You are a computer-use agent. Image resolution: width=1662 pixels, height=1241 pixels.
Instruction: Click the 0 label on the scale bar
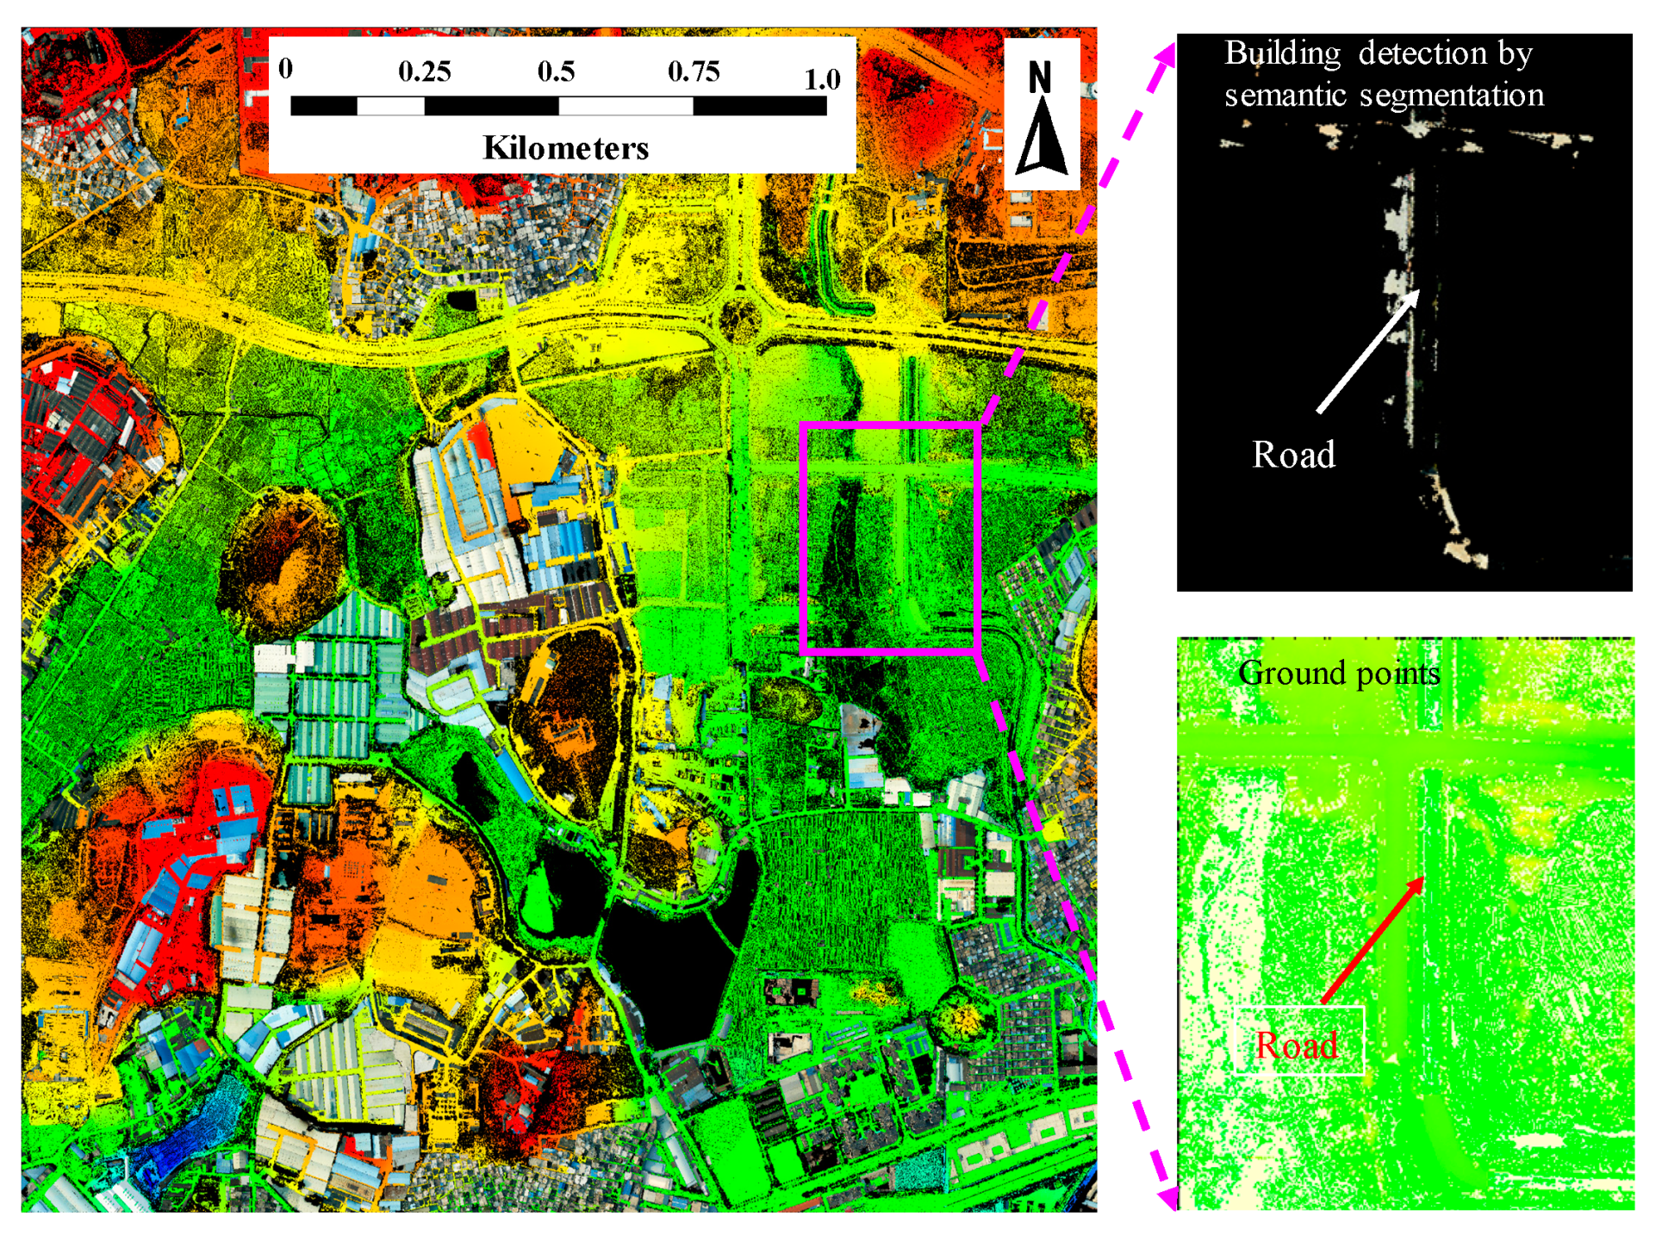coord(286,68)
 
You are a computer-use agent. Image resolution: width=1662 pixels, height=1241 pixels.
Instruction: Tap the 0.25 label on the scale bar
coord(424,71)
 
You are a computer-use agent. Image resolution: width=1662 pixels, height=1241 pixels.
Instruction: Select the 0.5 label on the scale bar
coord(556,71)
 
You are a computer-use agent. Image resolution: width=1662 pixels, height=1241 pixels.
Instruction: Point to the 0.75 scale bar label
coord(694,71)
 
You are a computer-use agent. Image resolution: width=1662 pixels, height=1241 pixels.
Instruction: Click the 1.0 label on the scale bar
coord(822,79)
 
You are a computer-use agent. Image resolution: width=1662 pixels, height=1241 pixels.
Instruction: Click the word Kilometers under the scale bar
coord(565,148)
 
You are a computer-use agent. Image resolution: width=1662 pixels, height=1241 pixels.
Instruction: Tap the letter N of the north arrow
coord(1040,78)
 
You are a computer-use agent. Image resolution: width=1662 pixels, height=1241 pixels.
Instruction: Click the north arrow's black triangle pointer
coord(1042,138)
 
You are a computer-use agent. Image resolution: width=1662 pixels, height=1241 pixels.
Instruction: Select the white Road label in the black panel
coord(1293,455)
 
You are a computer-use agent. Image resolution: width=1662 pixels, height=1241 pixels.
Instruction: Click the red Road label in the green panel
coord(1297,1046)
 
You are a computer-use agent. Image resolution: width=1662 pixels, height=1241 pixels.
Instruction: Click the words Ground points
coord(1339,673)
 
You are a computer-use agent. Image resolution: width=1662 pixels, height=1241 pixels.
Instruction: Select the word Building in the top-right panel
coord(1282,53)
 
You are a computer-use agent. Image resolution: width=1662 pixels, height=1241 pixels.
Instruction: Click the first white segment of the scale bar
coord(390,106)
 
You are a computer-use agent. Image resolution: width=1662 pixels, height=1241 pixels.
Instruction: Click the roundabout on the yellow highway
coord(739,322)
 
